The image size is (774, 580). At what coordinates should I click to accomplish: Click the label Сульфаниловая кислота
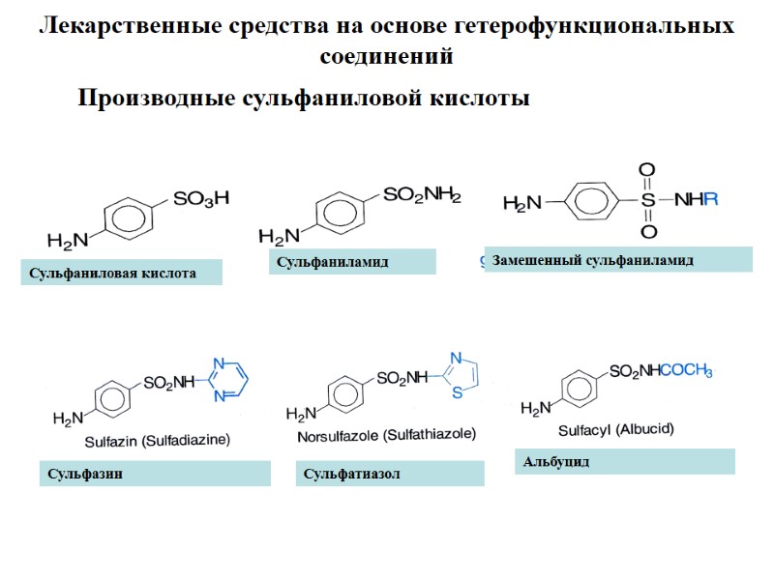pyautogui.click(x=112, y=274)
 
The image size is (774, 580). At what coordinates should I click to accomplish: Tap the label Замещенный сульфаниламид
pyautogui.click(x=593, y=260)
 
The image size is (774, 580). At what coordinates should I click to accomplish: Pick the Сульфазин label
pyautogui.click(x=74, y=474)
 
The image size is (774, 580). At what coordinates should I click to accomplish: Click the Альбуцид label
pyautogui.click(x=556, y=462)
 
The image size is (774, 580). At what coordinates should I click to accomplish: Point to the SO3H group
pyautogui.click(x=200, y=199)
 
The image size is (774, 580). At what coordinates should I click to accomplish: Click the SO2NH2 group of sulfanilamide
pyautogui.click(x=422, y=196)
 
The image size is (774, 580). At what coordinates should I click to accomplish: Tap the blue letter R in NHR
pyautogui.click(x=712, y=202)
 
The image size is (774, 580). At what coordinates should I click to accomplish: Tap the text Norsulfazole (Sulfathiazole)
pyautogui.click(x=385, y=436)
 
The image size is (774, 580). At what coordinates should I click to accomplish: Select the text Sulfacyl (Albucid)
pyautogui.click(x=616, y=429)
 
